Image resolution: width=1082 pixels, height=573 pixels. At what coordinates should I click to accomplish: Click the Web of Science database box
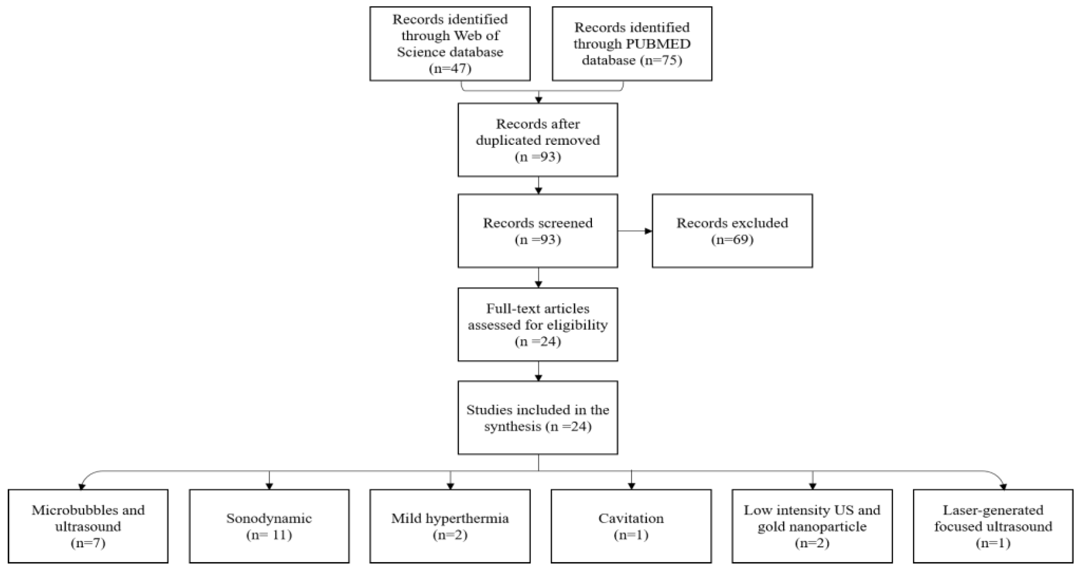450,44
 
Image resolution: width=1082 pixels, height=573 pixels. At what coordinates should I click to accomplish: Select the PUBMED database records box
632,44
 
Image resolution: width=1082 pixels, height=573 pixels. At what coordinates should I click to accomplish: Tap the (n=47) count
450,68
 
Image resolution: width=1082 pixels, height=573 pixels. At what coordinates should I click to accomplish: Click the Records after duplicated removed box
537,140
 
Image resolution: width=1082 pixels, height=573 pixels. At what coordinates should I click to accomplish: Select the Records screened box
537,231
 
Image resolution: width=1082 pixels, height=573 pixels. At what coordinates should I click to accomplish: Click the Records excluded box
732,231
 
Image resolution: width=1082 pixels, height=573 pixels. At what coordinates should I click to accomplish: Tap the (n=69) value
732,239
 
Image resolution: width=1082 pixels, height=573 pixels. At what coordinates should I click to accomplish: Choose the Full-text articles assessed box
537,324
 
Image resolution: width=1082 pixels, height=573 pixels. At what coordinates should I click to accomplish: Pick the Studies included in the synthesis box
537,418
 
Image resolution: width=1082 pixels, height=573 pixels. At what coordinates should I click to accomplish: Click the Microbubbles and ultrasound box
88,526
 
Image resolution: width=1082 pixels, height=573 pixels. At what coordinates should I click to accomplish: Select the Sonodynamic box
269,526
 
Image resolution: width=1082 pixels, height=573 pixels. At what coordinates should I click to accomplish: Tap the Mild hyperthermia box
450,526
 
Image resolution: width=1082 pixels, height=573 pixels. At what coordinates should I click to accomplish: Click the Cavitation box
631,526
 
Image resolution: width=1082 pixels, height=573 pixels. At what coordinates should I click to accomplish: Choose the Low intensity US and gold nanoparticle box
812,526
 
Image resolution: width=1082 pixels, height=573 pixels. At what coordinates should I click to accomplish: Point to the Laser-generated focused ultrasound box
993,526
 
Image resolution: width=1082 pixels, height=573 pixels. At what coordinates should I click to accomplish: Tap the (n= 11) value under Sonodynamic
269,535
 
